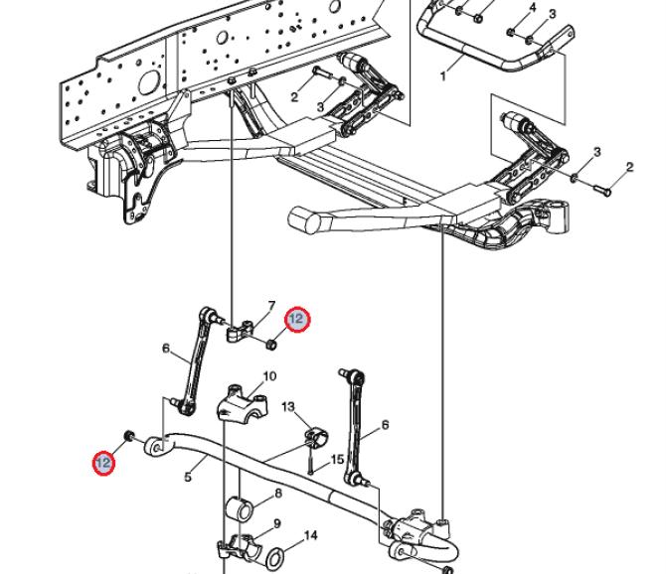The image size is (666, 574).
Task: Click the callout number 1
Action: pyautogui.click(x=443, y=76)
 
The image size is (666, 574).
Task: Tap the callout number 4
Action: pyautogui.click(x=533, y=8)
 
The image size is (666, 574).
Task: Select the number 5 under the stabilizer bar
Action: pyautogui.click(x=188, y=477)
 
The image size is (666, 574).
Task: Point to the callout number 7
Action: pyautogui.click(x=271, y=306)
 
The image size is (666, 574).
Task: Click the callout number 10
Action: pyautogui.click(x=269, y=376)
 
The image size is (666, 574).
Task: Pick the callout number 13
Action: pyautogui.click(x=288, y=407)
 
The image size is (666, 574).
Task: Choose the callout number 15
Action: pyautogui.click(x=337, y=460)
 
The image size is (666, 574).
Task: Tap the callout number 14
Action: pyautogui.click(x=311, y=535)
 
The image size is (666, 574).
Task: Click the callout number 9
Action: pyautogui.click(x=277, y=524)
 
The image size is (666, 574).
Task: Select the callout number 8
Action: pyautogui.click(x=278, y=494)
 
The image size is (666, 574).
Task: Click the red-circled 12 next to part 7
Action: pyautogui.click(x=297, y=319)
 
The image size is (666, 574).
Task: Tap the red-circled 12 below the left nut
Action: pyautogui.click(x=103, y=463)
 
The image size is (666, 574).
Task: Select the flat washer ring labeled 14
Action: pyautogui.click(x=275, y=559)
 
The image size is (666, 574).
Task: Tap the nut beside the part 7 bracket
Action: pyautogui.click(x=271, y=344)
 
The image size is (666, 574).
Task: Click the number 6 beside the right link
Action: pyautogui.click(x=386, y=425)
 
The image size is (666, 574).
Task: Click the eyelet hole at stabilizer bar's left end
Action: pyautogui.click(x=157, y=448)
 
